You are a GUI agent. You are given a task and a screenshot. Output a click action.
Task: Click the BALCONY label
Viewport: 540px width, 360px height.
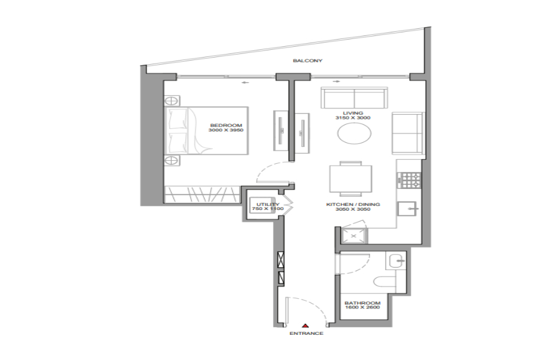point(308,61)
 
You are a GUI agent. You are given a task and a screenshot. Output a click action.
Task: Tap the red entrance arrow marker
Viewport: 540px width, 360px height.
point(305,326)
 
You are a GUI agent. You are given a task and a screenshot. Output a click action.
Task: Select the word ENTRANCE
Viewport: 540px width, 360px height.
point(306,333)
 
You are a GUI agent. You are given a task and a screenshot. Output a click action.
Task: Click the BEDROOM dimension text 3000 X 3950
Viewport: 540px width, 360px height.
point(226,130)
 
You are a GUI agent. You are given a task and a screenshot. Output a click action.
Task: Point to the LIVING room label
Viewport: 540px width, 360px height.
point(353,113)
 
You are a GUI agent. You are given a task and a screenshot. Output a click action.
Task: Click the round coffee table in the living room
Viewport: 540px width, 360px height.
point(355,133)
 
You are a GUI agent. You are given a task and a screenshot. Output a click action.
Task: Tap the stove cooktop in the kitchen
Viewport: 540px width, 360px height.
point(410,180)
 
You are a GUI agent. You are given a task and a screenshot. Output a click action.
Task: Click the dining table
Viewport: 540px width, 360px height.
point(350,179)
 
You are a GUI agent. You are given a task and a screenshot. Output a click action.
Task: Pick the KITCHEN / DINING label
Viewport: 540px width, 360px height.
point(353,204)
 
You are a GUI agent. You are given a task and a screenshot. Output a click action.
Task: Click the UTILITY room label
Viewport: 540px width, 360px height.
point(268,204)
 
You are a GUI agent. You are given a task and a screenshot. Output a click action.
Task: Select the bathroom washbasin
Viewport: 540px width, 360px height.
point(397,261)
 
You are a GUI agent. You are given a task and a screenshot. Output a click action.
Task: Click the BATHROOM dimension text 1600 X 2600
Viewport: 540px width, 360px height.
point(362,307)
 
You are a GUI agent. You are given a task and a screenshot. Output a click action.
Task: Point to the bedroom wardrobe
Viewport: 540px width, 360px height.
point(202,194)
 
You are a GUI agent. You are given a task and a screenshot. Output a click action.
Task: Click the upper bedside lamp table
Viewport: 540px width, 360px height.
point(172,101)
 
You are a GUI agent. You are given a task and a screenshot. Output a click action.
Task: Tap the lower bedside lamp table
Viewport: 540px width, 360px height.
point(172,160)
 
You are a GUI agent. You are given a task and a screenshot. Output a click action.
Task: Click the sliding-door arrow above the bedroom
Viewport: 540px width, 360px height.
point(245,82)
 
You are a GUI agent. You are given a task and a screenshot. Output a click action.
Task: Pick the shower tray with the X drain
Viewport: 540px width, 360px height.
point(353,236)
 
